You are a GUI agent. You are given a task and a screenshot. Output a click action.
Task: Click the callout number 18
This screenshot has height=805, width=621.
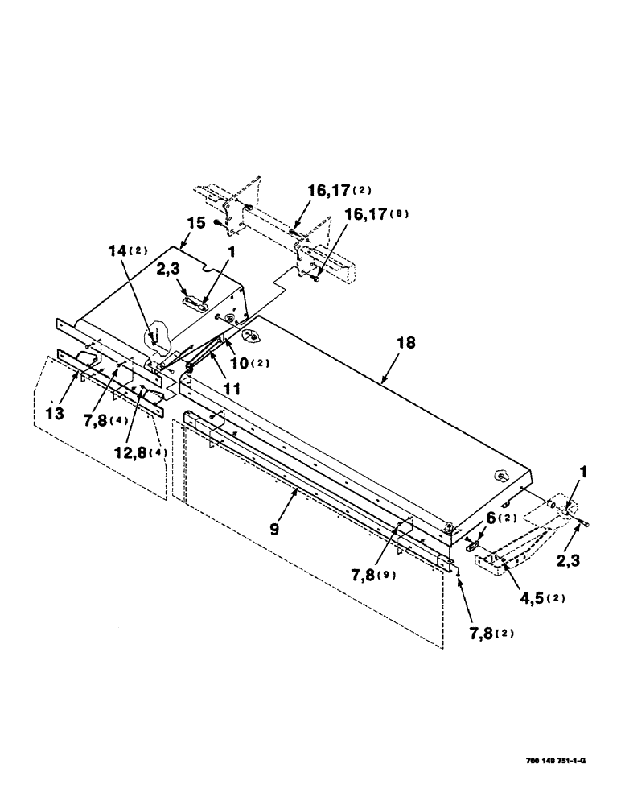pos(406,343)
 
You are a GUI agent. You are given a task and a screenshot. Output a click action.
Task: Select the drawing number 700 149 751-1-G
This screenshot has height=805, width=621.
pos(562,758)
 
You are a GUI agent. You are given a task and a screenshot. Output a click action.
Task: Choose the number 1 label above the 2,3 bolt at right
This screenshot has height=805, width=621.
pos(578,486)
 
